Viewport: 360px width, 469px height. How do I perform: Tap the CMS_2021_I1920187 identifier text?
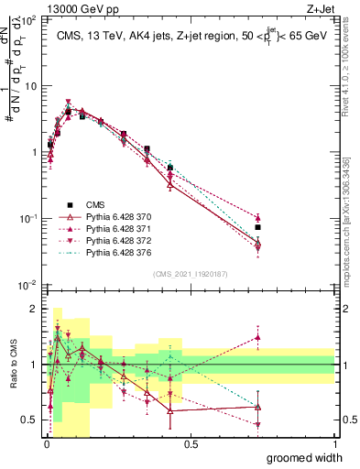click(191, 274)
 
